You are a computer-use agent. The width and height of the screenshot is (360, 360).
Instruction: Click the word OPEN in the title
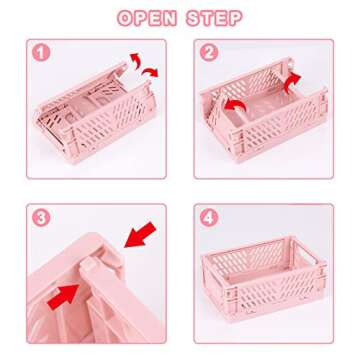(x=148, y=17)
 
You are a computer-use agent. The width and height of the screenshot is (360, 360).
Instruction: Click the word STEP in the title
(x=217, y=17)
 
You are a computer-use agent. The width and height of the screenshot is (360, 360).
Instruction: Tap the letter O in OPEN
(x=126, y=17)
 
